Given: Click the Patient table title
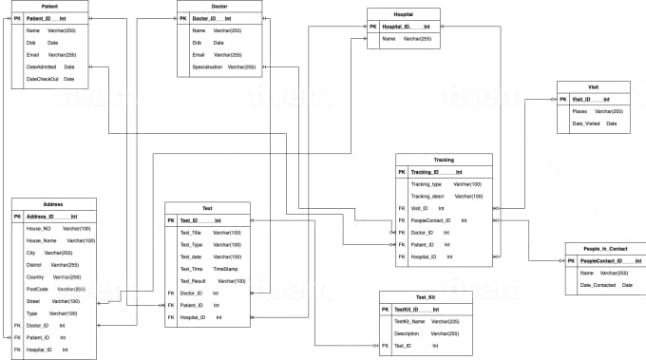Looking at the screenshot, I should point(50,6).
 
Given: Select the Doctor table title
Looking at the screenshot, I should point(218,6).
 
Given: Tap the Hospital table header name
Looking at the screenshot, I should point(403,14).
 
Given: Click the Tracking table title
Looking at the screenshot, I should point(444,160).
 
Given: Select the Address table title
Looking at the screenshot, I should point(53,204).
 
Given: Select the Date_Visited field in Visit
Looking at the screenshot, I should point(585,123).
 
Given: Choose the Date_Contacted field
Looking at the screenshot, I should point(598,285).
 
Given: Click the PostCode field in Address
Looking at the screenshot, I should point(38,288).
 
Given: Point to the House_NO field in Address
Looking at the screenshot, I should point(39,228).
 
